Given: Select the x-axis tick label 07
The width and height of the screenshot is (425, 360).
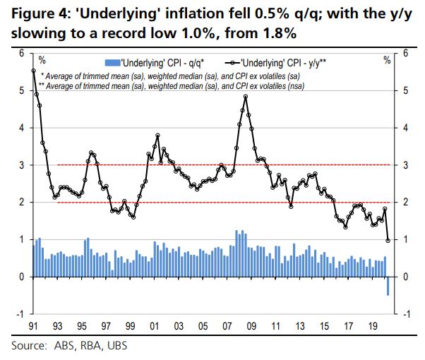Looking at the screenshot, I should click(227, 328).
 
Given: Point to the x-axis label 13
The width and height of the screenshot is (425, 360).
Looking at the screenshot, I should click(300, 328).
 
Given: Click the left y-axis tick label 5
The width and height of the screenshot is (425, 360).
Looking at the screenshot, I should click(22, 91).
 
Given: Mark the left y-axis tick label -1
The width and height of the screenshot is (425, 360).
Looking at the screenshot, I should click(20, 314).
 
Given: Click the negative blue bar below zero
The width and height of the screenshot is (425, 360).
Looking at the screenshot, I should click(388, 286).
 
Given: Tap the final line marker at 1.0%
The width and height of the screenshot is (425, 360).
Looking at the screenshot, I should click(388, 241).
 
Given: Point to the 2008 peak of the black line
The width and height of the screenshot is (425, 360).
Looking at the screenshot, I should click(245, 97).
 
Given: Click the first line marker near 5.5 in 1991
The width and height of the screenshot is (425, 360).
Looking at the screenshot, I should click(34, 71).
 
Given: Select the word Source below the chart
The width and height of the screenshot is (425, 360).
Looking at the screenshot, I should click(28, 346).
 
